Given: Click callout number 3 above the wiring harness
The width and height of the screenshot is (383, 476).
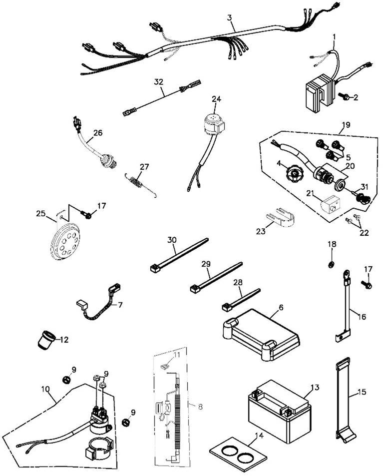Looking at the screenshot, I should click(229, 18).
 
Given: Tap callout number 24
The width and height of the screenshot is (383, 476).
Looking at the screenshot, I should click(216, 99).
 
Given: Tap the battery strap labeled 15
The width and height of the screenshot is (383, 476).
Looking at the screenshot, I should click(345, 400).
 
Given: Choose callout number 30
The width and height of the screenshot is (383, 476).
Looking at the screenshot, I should click(172, 239).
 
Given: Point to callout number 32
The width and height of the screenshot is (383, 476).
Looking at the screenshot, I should click(158, 81).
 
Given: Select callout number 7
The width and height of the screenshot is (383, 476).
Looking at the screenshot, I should click(119, 304).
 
